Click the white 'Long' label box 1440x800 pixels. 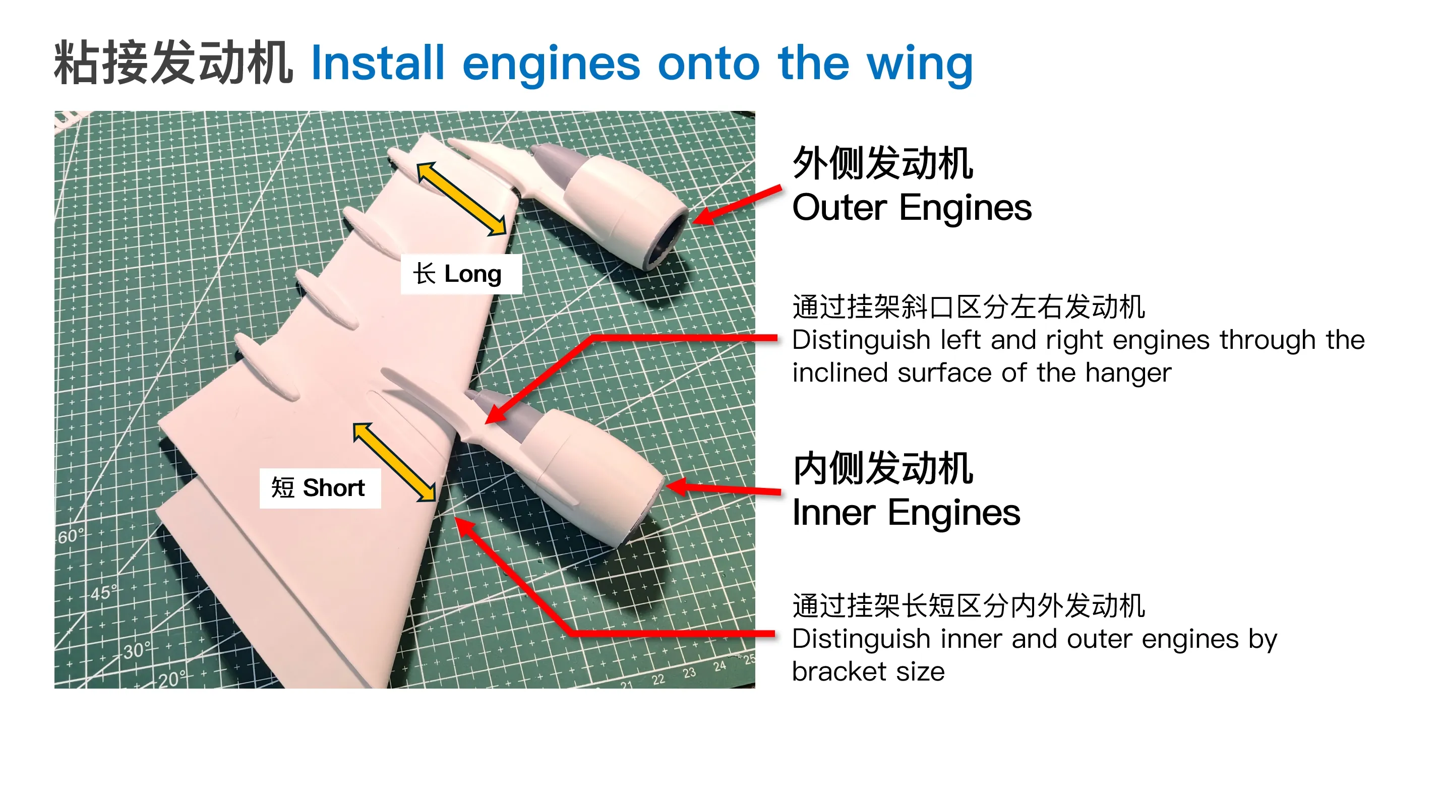tap(461, 274)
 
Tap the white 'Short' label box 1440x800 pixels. tap(320, 488)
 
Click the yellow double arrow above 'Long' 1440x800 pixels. tap(462, 199)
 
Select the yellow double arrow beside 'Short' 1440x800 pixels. tap(395, 462)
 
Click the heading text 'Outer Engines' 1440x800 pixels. tap(912, 207)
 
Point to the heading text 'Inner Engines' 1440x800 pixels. tap(906, 512)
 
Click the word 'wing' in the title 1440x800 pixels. tap(920, 66)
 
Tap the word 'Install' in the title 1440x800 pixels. tap(377, 63)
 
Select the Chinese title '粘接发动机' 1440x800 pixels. tap(173, 63)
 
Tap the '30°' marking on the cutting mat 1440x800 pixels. tap(138, 651)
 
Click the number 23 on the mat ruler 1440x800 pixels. tap(689, 672)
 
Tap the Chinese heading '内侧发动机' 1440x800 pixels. tap(883, 468)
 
